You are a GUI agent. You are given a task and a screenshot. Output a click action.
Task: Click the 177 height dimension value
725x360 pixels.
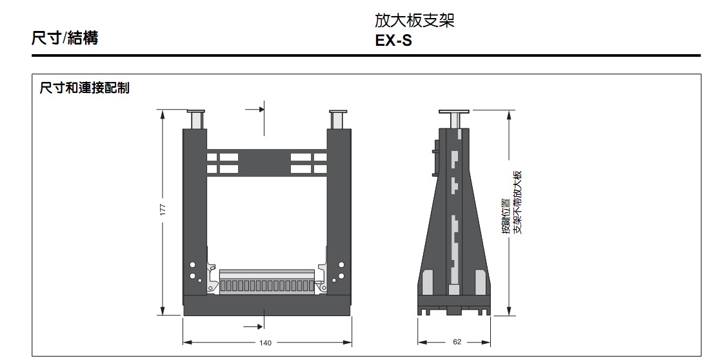(163, 210)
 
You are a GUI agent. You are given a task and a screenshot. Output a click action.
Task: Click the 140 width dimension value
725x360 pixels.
(265, 343)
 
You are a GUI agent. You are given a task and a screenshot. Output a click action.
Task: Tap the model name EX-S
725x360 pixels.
(393, 41)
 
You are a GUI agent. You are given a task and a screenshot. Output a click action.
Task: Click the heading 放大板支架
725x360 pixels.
(415, 21)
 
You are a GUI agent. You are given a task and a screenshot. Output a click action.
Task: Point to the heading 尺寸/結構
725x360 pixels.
(65, 38)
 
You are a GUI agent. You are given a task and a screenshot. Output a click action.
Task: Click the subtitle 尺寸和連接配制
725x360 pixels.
(84, 88)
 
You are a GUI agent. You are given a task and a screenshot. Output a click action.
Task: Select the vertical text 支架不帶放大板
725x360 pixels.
(517, 202)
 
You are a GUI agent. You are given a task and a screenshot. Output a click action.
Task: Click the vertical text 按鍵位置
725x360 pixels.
(507, 216)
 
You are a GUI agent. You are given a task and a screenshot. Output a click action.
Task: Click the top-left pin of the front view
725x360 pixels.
(195, 119)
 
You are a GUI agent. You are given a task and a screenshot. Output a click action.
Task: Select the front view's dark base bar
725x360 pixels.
(266, 305)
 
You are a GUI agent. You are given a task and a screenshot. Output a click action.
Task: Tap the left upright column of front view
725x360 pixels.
(194, 206)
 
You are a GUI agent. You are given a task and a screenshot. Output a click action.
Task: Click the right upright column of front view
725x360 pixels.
(339, 206)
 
